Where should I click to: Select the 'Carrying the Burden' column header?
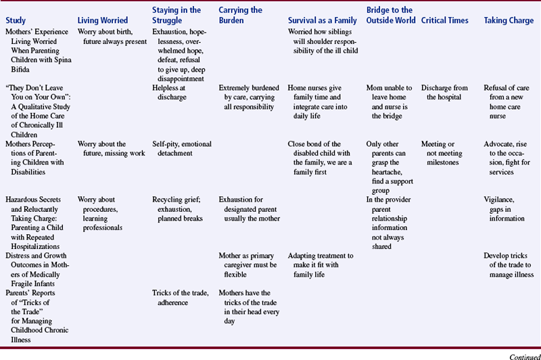point(241,16)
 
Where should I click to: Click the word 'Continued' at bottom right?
point(521,354)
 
